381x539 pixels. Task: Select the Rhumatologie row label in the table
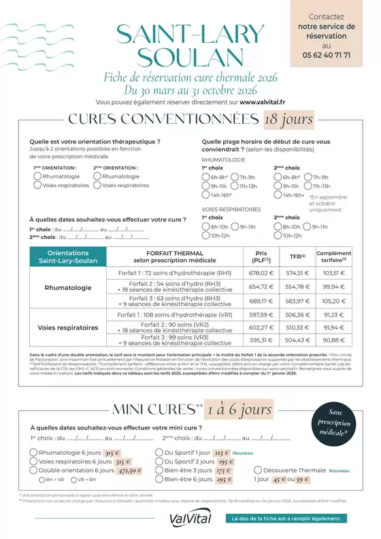click(68, 287)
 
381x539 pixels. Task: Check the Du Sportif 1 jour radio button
click(159, 453)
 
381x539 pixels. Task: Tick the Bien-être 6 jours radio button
click(159, 479)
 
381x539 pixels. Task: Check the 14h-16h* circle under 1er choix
click(205, 195)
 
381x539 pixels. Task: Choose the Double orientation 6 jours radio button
click(34, 470)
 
